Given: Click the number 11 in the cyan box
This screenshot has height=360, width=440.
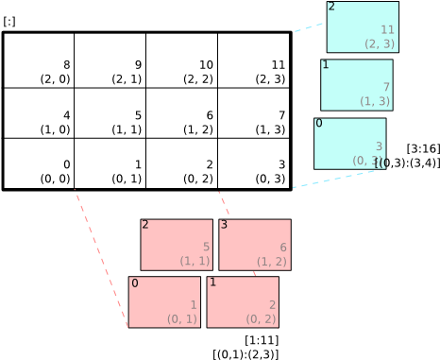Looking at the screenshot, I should (x=387, y=30).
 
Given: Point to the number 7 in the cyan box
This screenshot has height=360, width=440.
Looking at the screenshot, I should (x=385, y=87).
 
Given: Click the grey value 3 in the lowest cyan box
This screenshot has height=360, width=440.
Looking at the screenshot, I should (x=379, y=146).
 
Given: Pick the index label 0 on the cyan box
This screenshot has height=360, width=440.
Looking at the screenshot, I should (x=319, y=124).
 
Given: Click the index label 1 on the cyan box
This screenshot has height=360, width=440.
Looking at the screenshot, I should (x=326, y=65).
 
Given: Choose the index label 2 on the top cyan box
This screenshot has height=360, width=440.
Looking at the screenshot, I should (x=331, y=7).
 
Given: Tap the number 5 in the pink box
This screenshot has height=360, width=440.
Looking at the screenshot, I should (x=206, y=248).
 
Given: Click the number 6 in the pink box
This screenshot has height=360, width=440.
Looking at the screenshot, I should (x=282, y=248).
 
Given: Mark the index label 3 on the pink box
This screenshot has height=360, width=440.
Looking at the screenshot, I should (x=224, y=225).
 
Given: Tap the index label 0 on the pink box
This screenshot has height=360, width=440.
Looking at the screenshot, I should (x=134, y=283).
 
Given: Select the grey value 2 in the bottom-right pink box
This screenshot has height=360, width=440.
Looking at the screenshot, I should (x=272, y=304).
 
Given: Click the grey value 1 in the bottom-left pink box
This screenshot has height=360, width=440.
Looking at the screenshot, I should (x=194, y=304).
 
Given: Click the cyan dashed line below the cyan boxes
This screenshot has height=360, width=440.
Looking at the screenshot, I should (x=335, y=179).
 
